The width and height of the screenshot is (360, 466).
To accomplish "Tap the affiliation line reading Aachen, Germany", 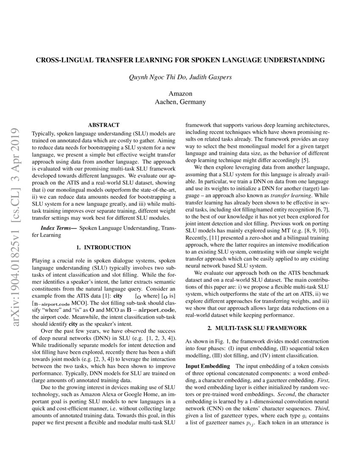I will pyautogui.click(x=180, y=102).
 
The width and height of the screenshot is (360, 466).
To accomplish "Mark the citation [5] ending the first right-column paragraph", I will pyautogui.click(x=305, y=160).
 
